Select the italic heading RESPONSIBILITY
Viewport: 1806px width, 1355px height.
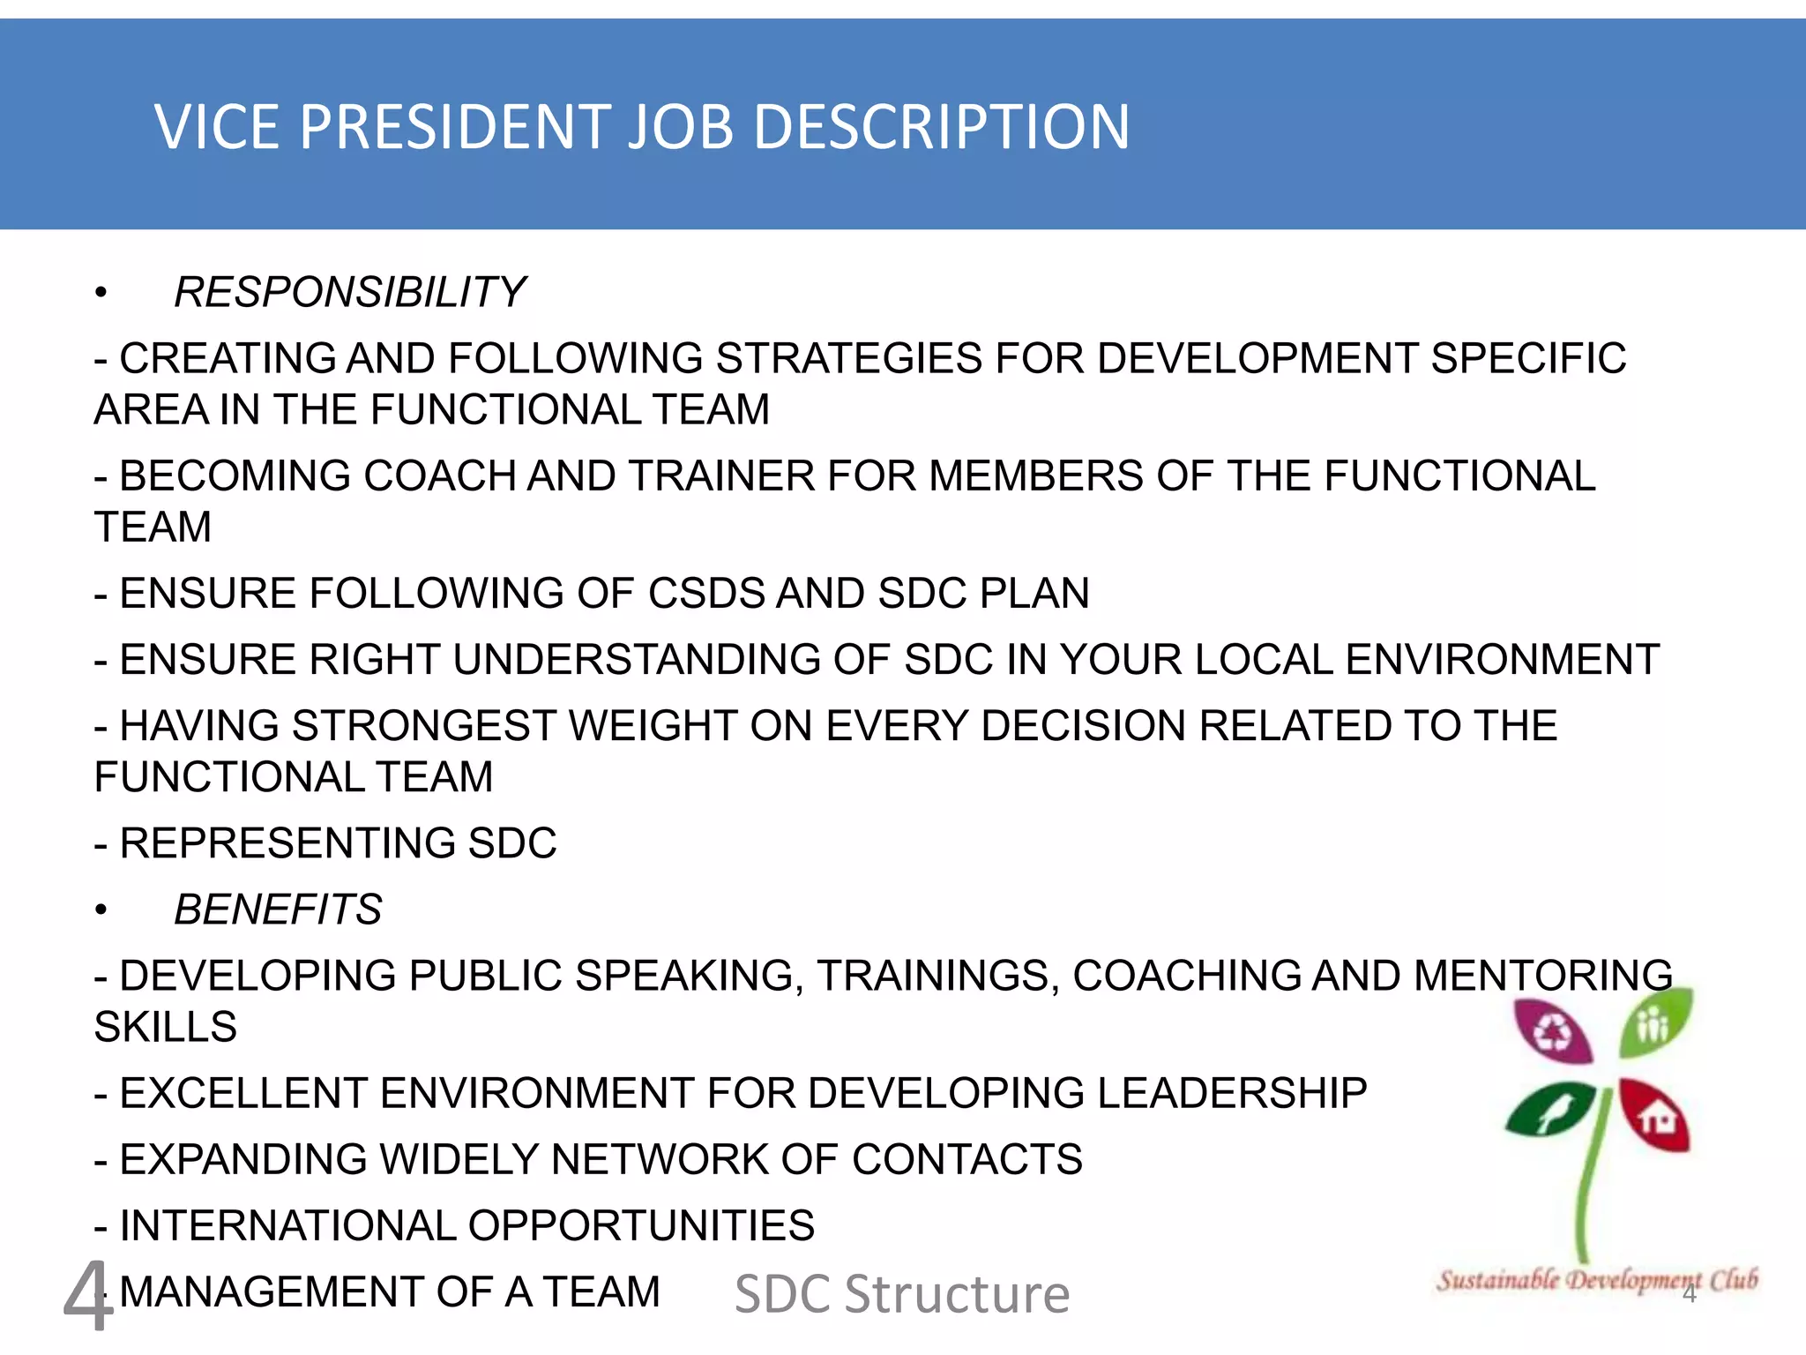coord(349,293)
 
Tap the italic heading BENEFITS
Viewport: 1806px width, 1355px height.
coord(278,910)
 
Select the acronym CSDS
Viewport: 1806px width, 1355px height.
coord(705,594)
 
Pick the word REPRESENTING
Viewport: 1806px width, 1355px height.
coord(287,843)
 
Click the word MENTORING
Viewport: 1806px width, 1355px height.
coord(1542,977)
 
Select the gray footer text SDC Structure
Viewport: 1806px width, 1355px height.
coord(902,1294)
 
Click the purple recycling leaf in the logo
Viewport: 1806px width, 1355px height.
coord(1553,1031)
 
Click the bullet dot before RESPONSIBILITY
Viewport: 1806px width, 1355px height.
coord(101,293)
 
